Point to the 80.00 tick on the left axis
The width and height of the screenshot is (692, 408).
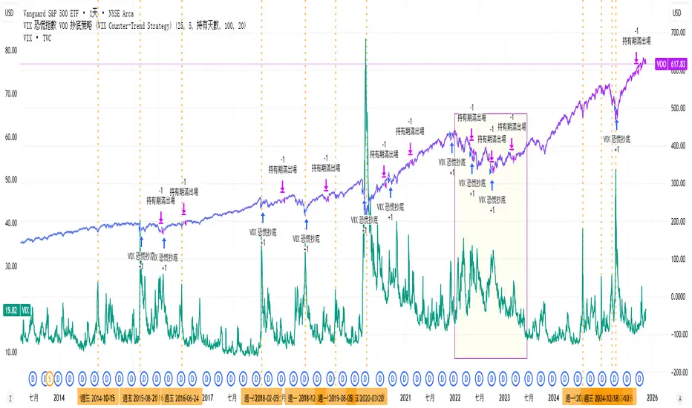click(11, 50)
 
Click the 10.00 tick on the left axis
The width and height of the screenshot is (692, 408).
click(11, 352)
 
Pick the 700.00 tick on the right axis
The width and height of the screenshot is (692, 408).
click(677, 33)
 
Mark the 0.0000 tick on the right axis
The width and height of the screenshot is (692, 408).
click(677, 297)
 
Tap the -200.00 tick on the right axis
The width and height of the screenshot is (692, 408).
click(677, 372)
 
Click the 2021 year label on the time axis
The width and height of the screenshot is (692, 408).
click(405, 398)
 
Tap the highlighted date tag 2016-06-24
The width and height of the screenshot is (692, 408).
click(182, 398)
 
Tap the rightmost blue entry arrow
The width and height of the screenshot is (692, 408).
click(616, 125)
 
